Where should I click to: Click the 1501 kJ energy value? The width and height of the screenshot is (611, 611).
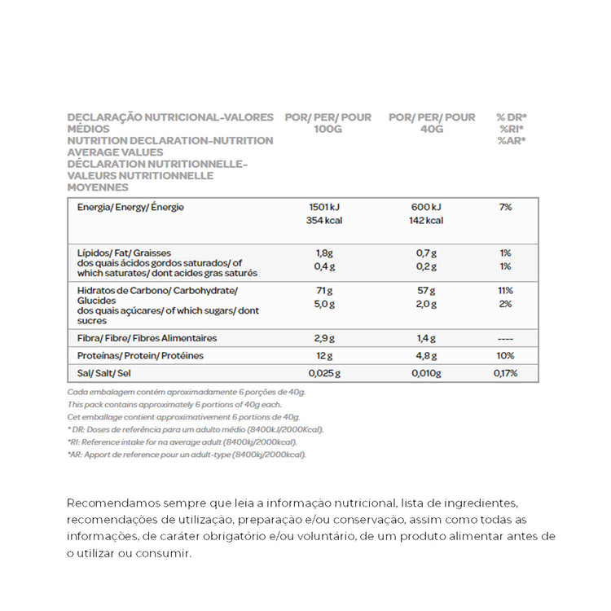(324, 207)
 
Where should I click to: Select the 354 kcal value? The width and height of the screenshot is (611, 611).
(324, 220)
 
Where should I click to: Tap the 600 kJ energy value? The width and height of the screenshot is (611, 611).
(426, 207)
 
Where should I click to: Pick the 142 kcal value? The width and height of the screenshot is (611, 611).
(426, 220)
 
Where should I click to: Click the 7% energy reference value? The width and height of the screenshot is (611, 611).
(506, 207)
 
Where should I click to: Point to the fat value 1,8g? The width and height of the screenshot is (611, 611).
(324, 253)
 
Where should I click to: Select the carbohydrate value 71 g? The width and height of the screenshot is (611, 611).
(324, 291)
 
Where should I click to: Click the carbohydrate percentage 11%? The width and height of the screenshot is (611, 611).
(506, 291)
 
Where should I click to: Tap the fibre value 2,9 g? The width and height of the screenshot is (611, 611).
(324, 337)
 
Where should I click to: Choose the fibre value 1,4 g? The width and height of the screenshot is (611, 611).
(426, 337)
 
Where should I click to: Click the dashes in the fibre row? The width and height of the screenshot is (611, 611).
(506, 337)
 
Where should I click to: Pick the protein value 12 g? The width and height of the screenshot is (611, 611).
(324, 356)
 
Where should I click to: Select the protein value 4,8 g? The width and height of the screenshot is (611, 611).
(426, 356)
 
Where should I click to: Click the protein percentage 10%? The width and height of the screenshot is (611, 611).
(506, 356)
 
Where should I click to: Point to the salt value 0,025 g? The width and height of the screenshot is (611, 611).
(324, 374)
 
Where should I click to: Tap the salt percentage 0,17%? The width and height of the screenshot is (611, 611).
(506, 374)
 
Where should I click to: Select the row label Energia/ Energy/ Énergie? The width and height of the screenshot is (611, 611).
(130, 207)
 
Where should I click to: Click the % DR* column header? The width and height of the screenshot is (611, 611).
(512, 117)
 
